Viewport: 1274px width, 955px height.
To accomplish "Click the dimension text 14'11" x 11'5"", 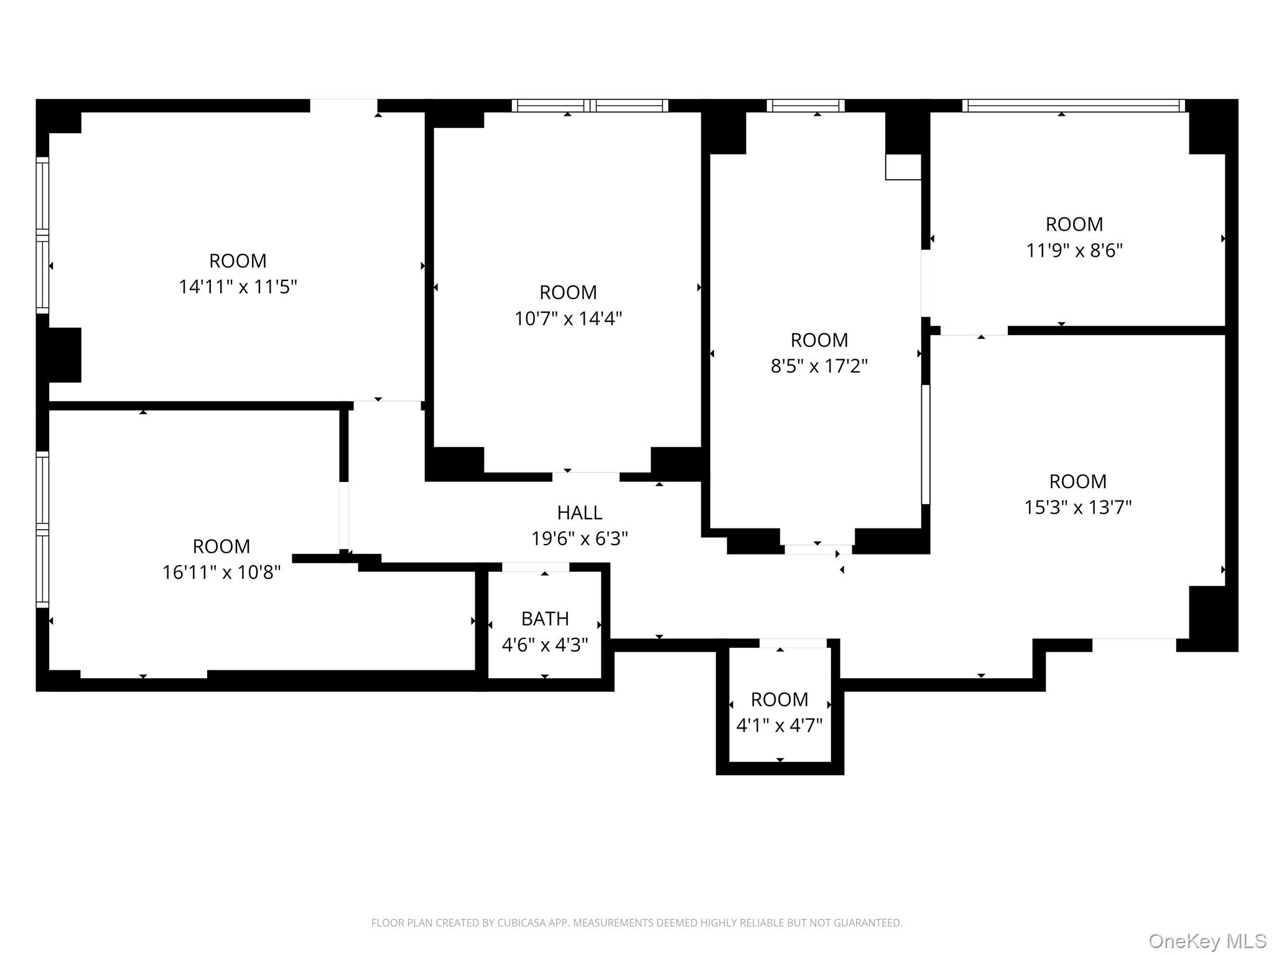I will click(x=238, y=287).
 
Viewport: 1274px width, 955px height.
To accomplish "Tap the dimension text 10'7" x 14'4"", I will click(x=568, y=318).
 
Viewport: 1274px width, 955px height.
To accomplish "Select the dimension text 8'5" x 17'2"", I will click(x=819, y=366).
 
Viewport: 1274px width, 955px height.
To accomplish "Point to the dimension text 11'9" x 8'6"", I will click(x=1074, y=250).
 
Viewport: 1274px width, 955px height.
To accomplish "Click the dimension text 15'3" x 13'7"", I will click(x=1077, y=507).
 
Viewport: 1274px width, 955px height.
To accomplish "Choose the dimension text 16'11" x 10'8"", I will click(x=221, y=572).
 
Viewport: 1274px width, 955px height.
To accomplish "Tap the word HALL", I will click(x=579, y=512).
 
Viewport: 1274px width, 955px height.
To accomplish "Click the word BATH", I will click(x=545, y=619).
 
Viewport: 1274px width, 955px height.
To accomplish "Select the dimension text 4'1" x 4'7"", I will click(x=779, y=725).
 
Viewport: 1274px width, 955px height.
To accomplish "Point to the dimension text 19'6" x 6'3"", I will click(x=579, y=538).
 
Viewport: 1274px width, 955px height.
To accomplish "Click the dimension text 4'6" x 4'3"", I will click(x=545, y=645).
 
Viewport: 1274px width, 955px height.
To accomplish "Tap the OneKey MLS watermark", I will click(x=1207, y=941).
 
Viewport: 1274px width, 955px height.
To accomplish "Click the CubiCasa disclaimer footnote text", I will click(x=636, y=923).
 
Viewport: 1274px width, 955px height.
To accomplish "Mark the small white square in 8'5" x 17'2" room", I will click(x=903, y=167).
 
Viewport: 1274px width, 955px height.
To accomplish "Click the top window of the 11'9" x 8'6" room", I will click(x=1073, y=106).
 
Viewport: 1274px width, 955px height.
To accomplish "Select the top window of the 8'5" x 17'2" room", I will click(x=805, y=106).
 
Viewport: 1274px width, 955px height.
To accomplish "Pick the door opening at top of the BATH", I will click(x=535, y=567).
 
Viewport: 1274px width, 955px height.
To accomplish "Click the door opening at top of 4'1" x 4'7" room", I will click(x=793, y=644).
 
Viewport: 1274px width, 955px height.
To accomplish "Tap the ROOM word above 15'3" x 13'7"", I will click(x=1077, y=481).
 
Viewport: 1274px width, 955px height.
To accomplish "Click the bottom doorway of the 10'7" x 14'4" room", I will click(x=585, y=477).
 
